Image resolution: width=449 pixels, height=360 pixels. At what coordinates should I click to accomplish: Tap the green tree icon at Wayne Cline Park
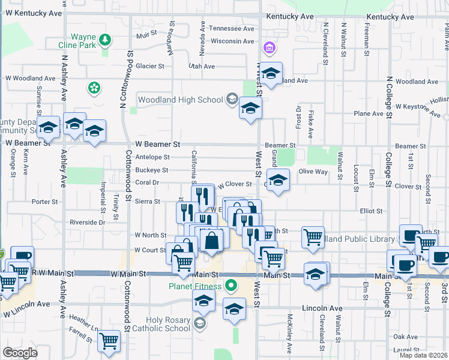coord(105,40)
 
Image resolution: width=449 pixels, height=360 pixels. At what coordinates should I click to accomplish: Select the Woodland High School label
coord(181,100)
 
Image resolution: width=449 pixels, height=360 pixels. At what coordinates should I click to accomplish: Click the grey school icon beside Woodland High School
coord(232,100)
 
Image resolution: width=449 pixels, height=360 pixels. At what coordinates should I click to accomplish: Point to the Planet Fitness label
coord(195,286)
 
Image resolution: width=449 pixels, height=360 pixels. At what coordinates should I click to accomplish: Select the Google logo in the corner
coord(20,353)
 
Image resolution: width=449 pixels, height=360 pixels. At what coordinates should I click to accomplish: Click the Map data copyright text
coord(423,355)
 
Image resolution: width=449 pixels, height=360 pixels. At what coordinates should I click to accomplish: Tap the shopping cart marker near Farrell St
coord(109,341)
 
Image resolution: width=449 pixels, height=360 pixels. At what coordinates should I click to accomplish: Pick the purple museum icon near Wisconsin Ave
coord(269,47)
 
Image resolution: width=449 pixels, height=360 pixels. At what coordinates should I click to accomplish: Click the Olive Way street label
coord(313,172)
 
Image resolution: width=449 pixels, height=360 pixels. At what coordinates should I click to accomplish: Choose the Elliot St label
coord(371,211)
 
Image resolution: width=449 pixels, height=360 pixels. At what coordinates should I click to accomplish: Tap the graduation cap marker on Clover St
coord(277,180)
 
